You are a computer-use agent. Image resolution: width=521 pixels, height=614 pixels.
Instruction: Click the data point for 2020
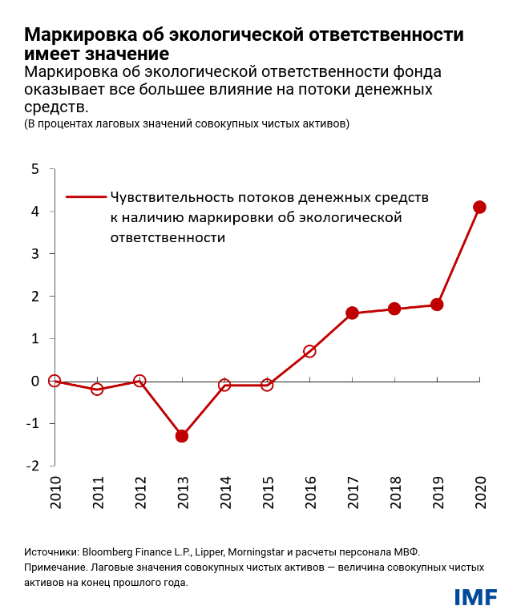[479, 207]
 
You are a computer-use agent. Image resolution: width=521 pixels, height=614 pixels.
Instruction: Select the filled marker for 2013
[182, 436]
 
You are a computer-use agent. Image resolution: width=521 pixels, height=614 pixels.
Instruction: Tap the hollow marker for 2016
[309, 351]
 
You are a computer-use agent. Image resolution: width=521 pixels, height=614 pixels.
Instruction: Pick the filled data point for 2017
[352, 313]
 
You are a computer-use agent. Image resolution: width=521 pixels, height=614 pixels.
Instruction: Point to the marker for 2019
[437, 305]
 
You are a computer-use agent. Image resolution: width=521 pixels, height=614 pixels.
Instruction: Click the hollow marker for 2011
[97, 390]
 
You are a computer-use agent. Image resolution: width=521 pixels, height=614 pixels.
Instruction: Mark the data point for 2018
[394, 309]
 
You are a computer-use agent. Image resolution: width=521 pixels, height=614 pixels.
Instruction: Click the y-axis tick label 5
[34, 169]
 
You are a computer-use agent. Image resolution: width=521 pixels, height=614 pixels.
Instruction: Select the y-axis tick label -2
[32, 466]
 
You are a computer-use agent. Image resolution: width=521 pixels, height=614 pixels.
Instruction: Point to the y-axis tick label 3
[34, 254]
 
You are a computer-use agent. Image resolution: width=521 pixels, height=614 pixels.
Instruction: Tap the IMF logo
[475, 597]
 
